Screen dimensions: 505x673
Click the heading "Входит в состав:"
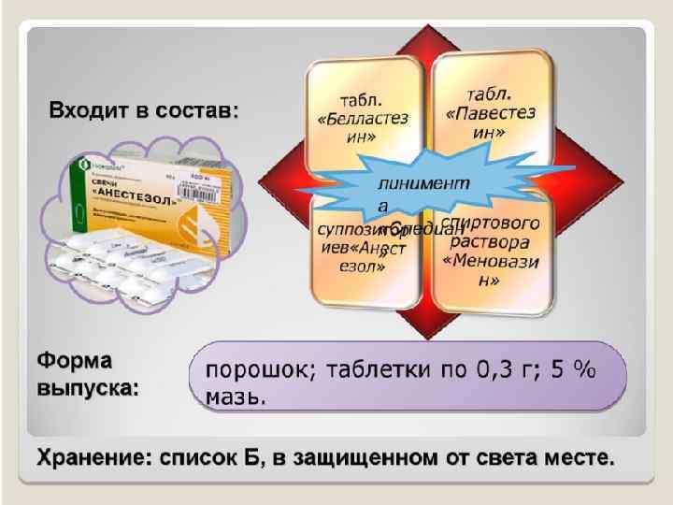[x=143, y=110]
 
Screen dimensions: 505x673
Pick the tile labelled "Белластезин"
[x=365, y=115]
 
